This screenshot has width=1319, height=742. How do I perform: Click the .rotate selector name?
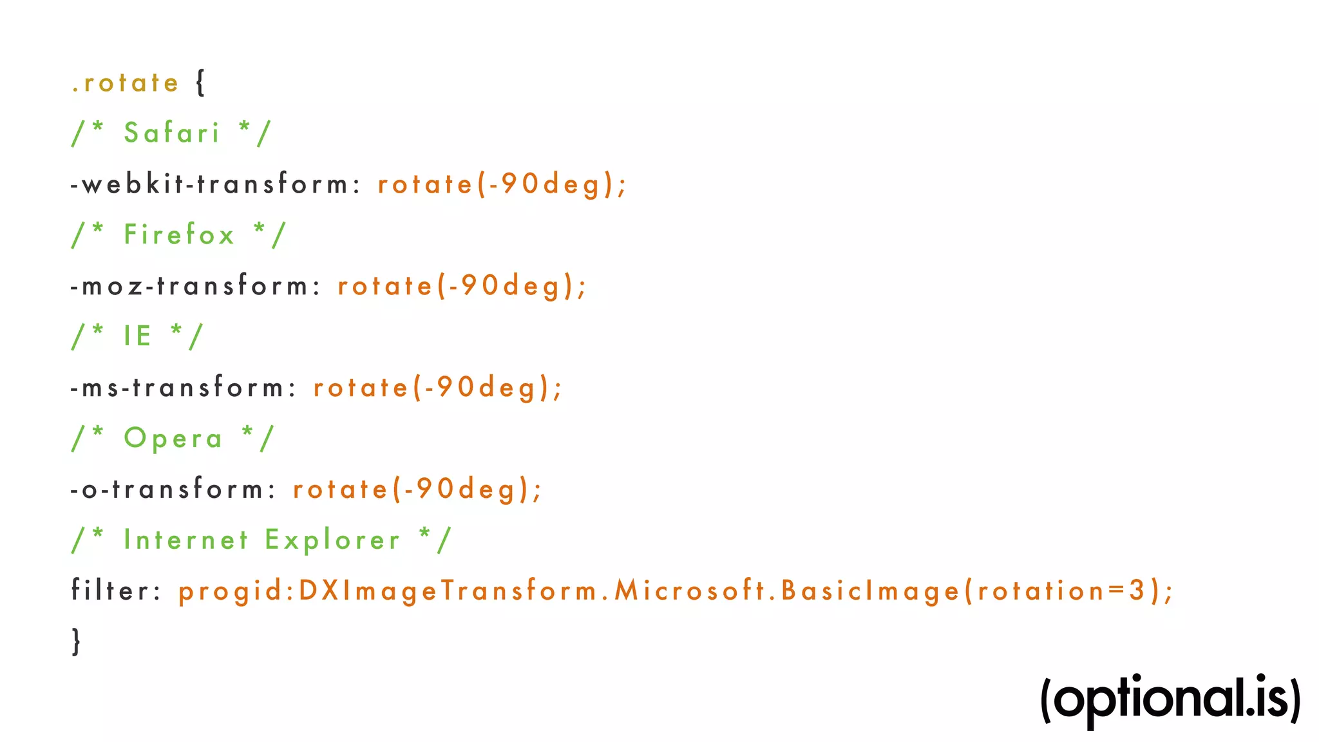pos(125,83)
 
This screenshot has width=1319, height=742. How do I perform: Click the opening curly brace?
pos(200,83)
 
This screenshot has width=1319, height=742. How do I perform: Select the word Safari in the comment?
pos(172,133)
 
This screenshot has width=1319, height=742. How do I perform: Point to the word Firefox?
pos(179,234)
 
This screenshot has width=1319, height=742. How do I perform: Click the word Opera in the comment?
pos(173,439)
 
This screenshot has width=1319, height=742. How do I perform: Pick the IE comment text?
pos(138,336)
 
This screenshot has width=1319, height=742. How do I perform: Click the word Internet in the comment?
pos(186,540)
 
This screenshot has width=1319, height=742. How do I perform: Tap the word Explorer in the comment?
pos(333,540)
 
